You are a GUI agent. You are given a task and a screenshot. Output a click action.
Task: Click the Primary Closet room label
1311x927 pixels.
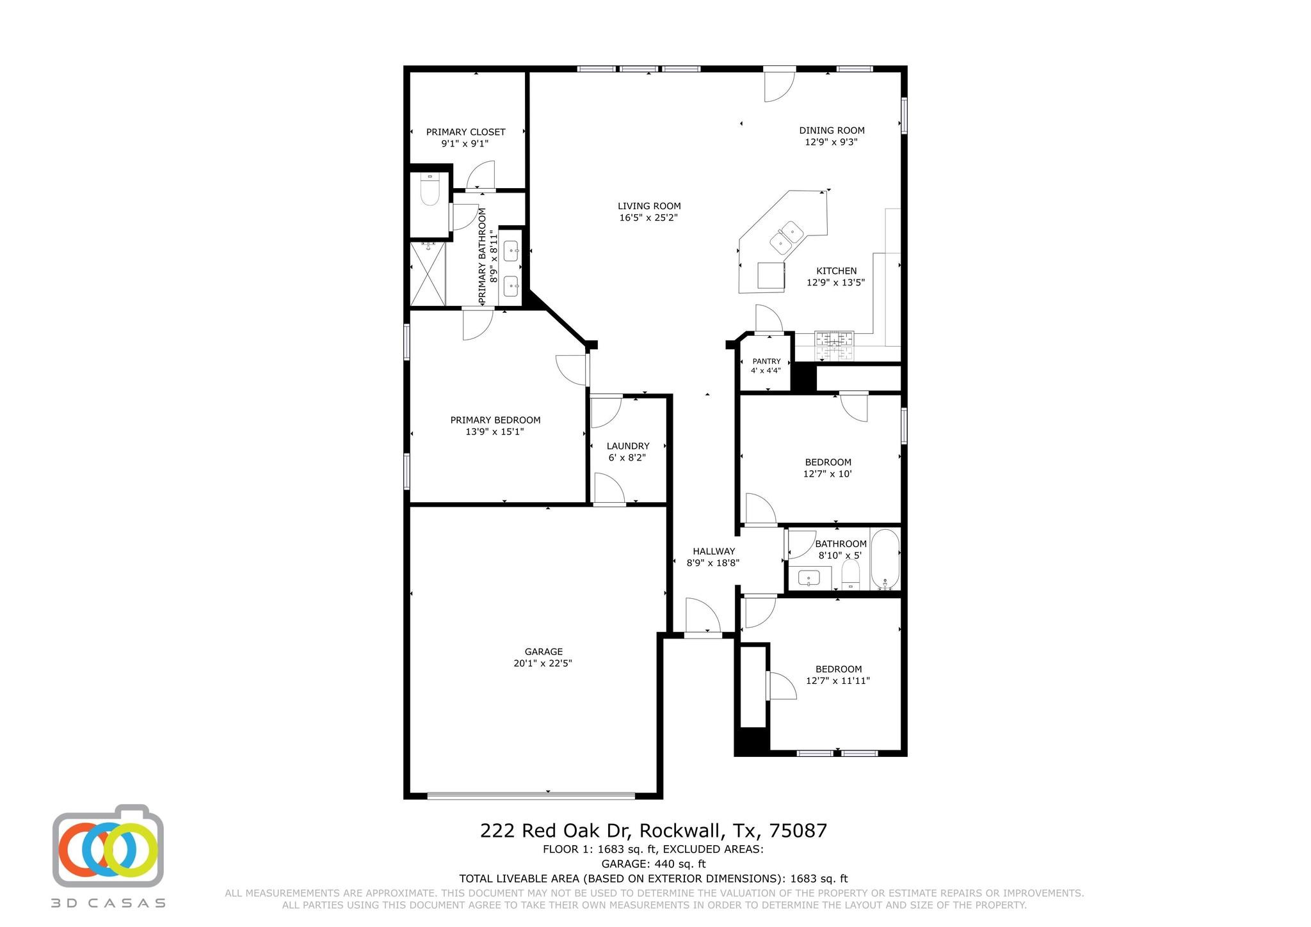(x=465, y=132)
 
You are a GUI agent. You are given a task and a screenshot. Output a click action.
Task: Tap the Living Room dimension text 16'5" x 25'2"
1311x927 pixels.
(x=648, y=218)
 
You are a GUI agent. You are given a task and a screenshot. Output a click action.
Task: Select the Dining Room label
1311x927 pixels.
(x=832, y=131)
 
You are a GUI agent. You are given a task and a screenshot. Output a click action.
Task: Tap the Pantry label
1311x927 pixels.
(x=766, y=361)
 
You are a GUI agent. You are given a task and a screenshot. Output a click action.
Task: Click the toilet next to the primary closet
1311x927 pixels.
(x=430, y=190)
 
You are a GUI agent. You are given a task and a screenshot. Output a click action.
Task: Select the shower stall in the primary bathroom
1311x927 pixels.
(x=427, y=273)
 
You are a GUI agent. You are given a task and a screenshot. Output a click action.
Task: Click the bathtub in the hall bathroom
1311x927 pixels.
(x=885, y=559)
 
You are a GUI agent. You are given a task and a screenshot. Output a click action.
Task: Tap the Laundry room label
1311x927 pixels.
(x=628, y=446)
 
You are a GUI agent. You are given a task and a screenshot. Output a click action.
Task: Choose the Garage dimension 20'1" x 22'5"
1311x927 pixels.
(x=542, y=663)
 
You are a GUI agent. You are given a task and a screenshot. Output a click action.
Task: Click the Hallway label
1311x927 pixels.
(x=714, y=551)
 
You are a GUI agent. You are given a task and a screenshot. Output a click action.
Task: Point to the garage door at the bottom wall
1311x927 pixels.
(x=531, y=795)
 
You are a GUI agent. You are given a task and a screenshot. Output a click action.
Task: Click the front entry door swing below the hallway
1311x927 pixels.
(x=702, y=617)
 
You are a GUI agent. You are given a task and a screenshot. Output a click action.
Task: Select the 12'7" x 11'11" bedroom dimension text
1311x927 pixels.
(x=837, y=681)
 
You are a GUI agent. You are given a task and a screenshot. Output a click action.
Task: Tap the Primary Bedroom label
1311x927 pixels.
(x=495, y=420)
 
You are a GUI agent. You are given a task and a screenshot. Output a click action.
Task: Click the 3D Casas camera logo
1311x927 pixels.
(x=108, y=846)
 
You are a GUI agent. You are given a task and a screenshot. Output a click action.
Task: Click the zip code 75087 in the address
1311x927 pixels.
(x=798, y=831)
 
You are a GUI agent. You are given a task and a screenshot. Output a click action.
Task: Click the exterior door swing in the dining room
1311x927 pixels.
(x=779, y=85)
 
